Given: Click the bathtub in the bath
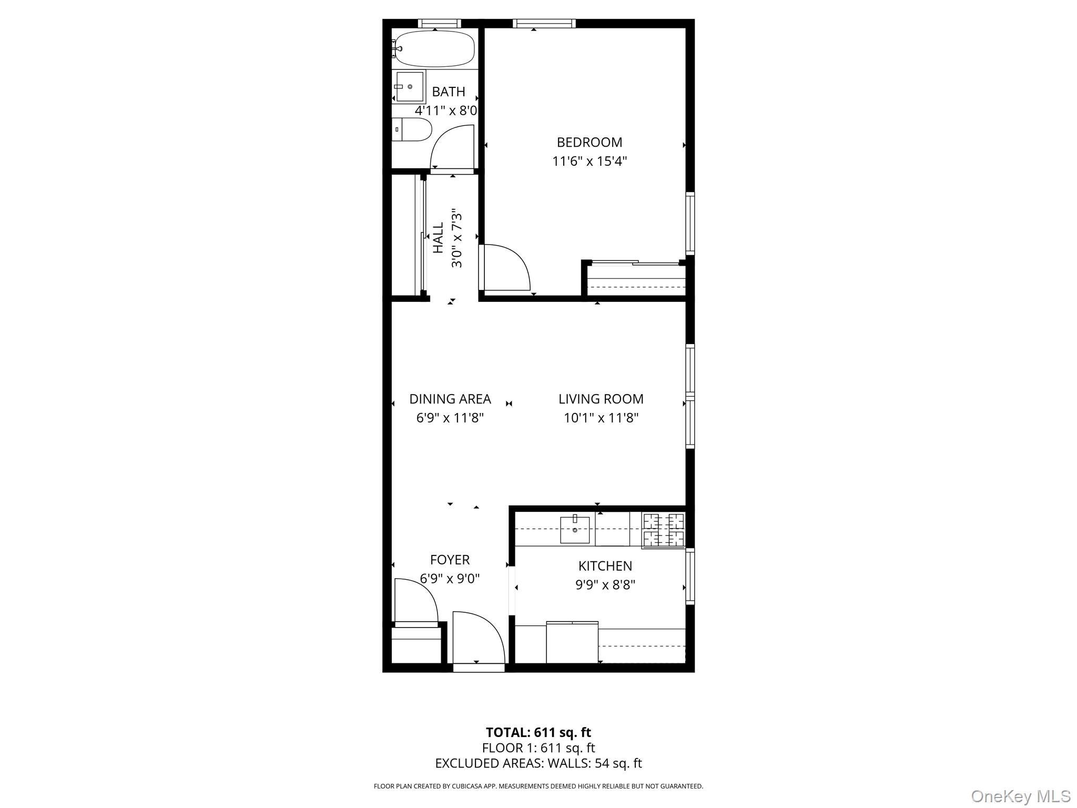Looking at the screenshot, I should pos(435,49).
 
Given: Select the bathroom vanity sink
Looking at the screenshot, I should pos(410,87).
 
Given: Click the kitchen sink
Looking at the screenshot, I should pos(574,529).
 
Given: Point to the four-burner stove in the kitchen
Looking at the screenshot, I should pos(664,530).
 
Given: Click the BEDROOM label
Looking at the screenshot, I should pos(589,142).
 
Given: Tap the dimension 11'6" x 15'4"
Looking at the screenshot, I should pos(589,161).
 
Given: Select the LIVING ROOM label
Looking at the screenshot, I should pos(601,399).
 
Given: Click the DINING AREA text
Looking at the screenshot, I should pos(450,399).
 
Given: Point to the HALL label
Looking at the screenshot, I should pos(438,238).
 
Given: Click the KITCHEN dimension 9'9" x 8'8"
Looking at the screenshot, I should pos(605,584).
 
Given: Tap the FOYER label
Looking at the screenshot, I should pos(450,560).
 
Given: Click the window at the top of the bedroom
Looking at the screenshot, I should pos(544,23).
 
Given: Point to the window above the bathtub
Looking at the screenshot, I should pos(439,23).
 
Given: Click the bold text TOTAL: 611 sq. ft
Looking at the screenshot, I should pos(538,732).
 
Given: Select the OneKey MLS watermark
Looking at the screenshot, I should pos(1020,796).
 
